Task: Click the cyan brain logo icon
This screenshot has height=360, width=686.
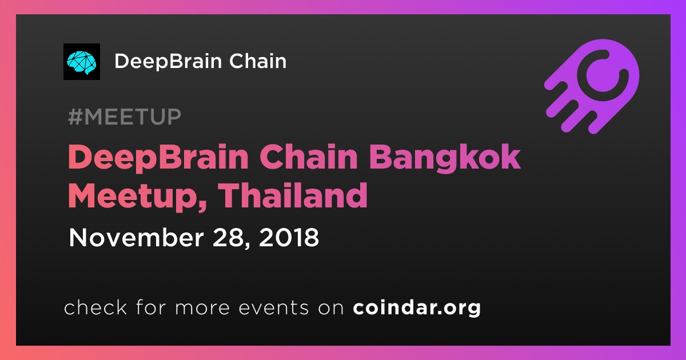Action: (x=81, y=62)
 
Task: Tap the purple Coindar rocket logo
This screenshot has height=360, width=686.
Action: (x=592, y=86)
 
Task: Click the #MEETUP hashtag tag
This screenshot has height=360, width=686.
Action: (x=125, y=117)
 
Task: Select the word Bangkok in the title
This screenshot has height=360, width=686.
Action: (x=445, y=158)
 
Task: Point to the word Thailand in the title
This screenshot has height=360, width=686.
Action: (x=293, y=195)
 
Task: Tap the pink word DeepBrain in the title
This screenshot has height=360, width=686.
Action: (x=158, y=158)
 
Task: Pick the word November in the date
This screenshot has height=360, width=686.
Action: (x=136, y=237)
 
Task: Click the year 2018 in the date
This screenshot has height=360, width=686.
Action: (x=289, y=237)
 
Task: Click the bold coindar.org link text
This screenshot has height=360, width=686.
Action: (x=417, y=307)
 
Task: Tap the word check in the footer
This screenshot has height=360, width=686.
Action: (x=95, y=307)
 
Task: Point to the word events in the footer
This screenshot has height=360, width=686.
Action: (x=274, y=308)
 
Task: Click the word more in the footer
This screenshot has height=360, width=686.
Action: (x=202, y=308)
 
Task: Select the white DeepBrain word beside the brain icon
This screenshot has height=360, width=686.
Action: (x=168, y=62)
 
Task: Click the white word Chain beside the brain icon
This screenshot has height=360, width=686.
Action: (x=258, y=61)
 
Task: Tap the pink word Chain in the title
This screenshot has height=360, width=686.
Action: (x=308, y=157)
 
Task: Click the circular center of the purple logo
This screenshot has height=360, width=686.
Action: (x=603, y=75)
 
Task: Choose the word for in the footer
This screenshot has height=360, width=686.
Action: (x=151, y=307)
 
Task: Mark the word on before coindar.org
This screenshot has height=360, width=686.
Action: (x=331, y=308)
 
